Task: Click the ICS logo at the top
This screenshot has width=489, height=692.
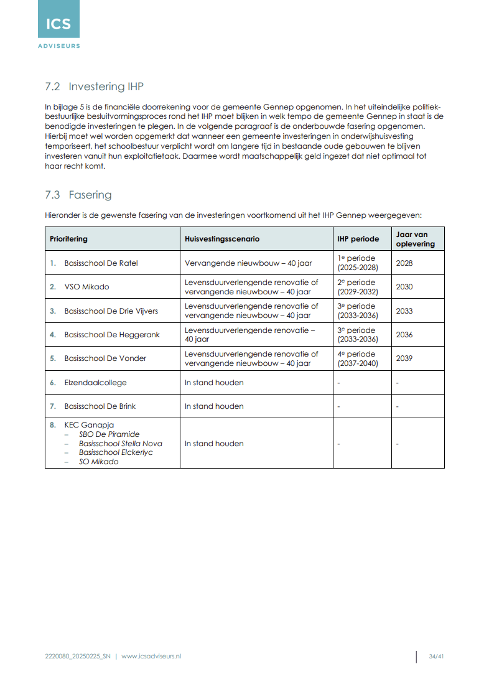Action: [58, 25]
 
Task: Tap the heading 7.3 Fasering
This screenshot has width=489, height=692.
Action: [78, 195]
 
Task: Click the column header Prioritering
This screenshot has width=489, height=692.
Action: [68, 239]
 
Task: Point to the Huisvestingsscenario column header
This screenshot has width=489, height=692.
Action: [222, 239]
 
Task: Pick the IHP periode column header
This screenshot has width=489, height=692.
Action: [358, 239]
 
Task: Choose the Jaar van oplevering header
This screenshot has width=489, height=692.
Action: [412, 239]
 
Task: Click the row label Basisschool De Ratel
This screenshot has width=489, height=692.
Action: [101, 263]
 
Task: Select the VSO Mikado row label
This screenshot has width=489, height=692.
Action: [86, 287]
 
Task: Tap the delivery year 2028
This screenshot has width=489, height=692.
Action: [404, 263]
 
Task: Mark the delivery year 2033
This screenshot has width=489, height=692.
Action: [404, 311]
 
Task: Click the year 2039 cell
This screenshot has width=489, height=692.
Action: [404, 358]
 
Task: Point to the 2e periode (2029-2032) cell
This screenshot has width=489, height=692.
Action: [357, 287]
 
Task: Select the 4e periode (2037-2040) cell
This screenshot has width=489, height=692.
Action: [357, 358]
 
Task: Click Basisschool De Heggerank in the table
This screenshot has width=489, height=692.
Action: [112, 335]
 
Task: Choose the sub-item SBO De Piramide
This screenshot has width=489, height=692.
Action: [109, 434]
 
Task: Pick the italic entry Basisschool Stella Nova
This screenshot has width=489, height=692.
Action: [120, 444]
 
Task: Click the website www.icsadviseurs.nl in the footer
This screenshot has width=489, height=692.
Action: [151, 656]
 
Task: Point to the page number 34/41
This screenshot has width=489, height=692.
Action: [436, 656]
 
